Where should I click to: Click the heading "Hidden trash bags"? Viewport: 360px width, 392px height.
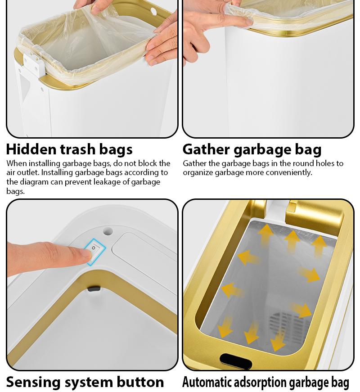(x=69, y=149)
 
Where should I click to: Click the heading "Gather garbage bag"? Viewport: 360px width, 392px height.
(x=252, y=149)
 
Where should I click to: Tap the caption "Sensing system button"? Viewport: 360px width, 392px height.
(x=85, y=382)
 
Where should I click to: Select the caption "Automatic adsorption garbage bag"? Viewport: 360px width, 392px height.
(x=265, y=382)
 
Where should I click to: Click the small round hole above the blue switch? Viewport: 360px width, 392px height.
(x=108, y=231)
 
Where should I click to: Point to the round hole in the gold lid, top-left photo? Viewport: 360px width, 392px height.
(x=153, y=10)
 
